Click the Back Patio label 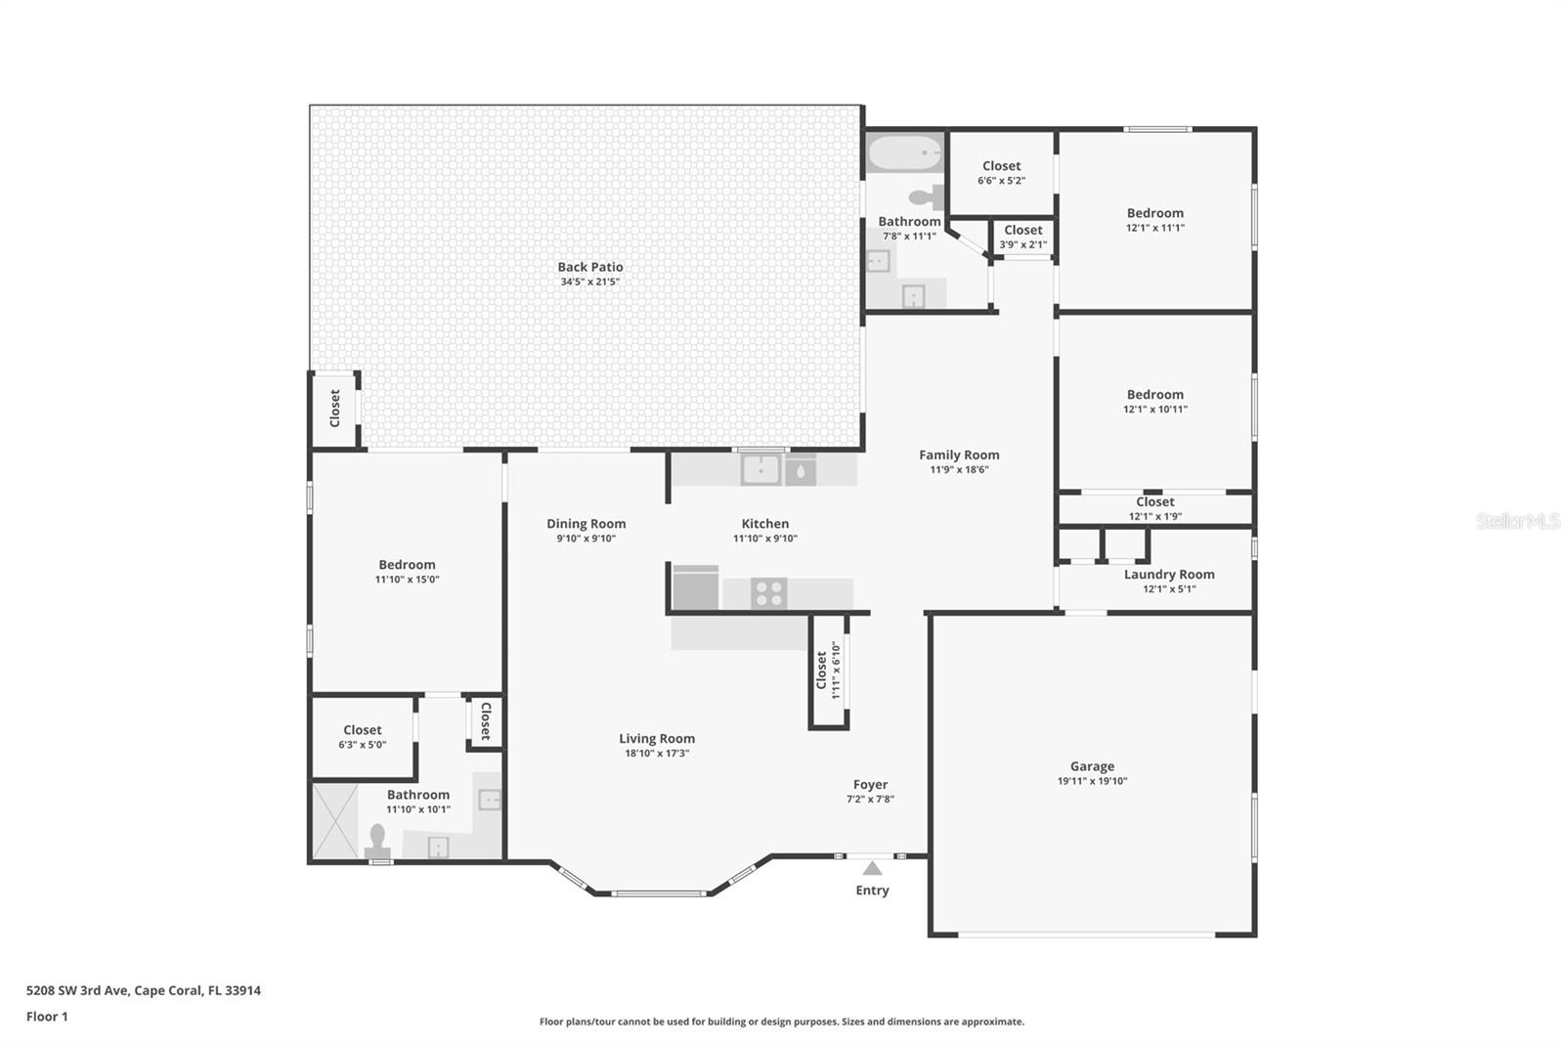pos(589,267)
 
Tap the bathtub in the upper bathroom pos(904,153)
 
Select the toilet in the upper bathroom pos(927,197)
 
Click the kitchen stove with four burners pos(769,593)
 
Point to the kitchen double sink pos(760,470)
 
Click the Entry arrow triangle pos(872,868)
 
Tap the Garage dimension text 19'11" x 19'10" pos(1092,781)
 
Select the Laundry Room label pos(1169,575)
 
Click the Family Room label pos(959,455)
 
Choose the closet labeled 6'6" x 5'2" pos(1001,172)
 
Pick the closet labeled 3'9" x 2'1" pos(1022,237)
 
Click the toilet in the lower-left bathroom pos(377,841)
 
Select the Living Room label pos(657,739)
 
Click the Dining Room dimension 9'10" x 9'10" pos(586,539)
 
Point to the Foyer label pos(870,785)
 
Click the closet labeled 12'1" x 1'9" pos(1155,508)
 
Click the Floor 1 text pos(47,1017)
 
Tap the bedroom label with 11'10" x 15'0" pos(407,565)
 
